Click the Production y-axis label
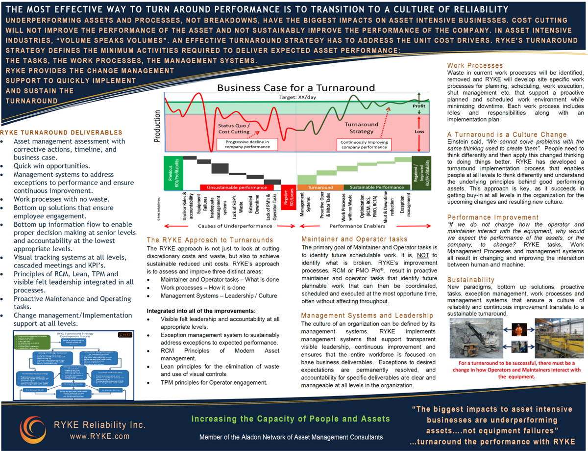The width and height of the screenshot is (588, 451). tap(157, 125)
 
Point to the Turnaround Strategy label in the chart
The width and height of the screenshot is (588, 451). tap(361, 128)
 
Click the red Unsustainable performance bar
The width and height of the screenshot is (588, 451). tap(237, 187)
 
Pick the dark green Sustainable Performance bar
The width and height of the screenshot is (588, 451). tap(376, 187)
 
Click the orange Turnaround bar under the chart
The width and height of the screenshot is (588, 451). tap(320, 187)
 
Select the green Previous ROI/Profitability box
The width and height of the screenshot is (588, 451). tap(172, 173)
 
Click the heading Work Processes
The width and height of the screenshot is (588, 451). tap(475, 65)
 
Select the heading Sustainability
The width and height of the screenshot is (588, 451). tap(471, 280)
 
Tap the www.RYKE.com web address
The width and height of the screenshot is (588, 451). tap(99, 436)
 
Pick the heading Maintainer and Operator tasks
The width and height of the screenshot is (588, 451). tap(354, 239)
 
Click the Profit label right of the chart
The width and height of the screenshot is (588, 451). tap(419, 106)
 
